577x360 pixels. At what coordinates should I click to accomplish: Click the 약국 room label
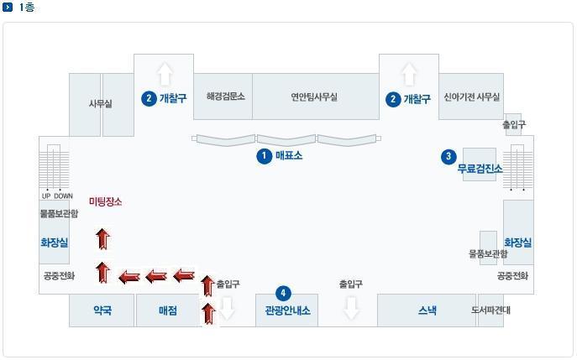tap(102, 310)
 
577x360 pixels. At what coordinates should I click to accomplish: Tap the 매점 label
tap(168, 310)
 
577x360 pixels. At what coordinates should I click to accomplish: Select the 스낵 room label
tap(427, 310)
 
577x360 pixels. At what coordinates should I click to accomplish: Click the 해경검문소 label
tap(225, 97)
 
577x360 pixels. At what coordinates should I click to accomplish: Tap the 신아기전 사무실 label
tap(471, 97)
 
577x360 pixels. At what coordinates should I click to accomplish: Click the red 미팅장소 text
tap(105, 201)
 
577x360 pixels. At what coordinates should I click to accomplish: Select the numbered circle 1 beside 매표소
tap(265, 155)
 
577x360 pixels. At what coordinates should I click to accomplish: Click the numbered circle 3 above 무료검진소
tap(449, 155)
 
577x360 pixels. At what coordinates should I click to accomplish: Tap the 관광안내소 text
tap(287, 310)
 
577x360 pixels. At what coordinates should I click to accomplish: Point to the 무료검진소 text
tap(480, 169)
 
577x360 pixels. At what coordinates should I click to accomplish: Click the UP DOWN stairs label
tap(57, 196)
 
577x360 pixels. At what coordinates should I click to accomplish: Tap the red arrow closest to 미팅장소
tap(102, 239)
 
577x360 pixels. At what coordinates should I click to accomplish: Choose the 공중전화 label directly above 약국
tap(58, 275)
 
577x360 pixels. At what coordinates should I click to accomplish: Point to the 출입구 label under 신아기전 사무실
tap(513, 125)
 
